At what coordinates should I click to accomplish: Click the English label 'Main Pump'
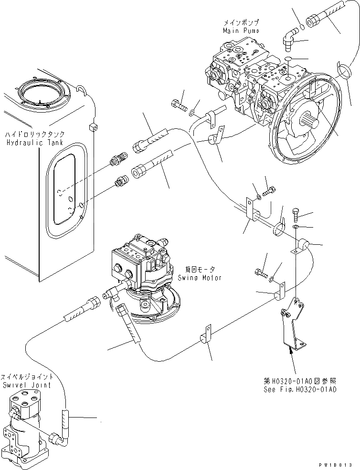point(241,31)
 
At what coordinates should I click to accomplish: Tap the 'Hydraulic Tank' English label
point(28,143)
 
